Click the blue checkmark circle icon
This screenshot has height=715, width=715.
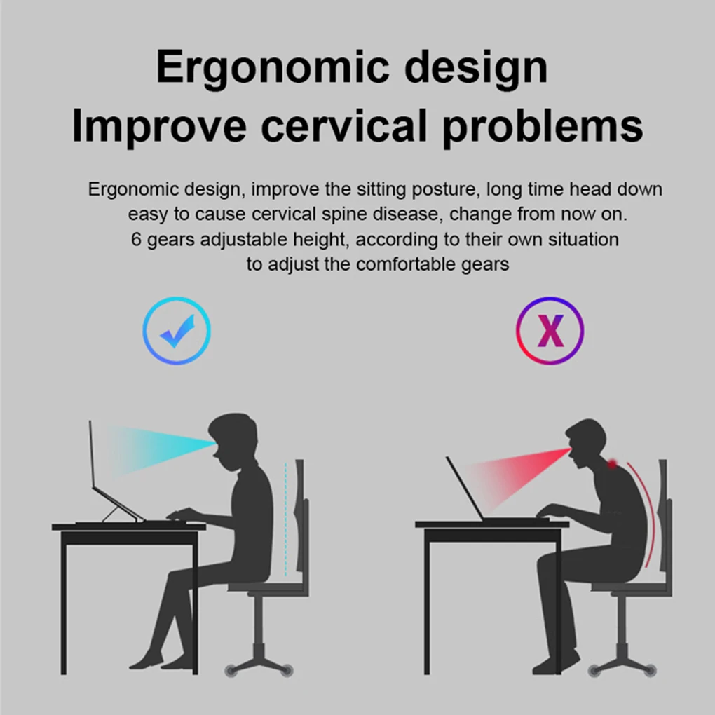coord(177,330)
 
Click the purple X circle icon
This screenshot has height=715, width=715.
coord(550,330)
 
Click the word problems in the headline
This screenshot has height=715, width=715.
coord(543,128)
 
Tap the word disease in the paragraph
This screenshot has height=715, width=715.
coord(408,214)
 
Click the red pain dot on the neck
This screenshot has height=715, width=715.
coord(613,463)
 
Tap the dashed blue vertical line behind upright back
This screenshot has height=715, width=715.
coord(286,519)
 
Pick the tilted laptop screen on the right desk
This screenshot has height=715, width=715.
coord(464,489)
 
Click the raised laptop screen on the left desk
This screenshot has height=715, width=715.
coord(91,456)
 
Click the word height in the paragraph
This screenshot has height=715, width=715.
coord(322,240)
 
